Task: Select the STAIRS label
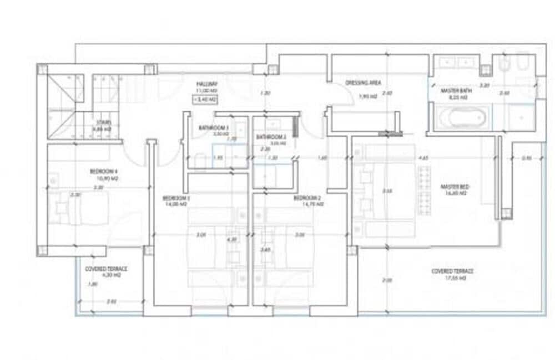pos(104,122)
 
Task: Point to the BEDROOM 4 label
pos(104,172)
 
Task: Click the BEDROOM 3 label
pos(176,198)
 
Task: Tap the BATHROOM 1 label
pos(214,128)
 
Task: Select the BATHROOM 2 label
pos(271,137)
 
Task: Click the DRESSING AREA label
pos(363,83)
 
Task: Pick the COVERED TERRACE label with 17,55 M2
pos(452,271)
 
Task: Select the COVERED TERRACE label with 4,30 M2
pos(106,269)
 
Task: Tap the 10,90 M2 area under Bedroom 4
pos(104,178)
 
